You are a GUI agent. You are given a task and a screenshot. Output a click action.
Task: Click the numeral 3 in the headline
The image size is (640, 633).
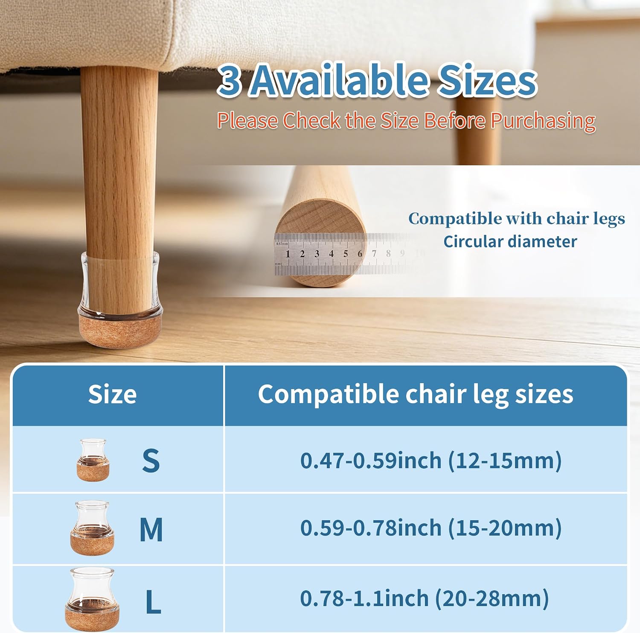coord(230,81)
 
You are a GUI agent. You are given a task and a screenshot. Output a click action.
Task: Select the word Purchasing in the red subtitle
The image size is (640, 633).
coord(543,121)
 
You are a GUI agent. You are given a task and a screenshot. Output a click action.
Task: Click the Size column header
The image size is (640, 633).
coord(112,394)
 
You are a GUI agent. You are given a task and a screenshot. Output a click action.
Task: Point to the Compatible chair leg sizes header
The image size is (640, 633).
coord(416,394)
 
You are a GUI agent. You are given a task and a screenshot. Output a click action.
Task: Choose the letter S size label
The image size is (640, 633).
coord(151,460)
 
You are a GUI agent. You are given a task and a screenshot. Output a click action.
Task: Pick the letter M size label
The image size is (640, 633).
coord(151,530)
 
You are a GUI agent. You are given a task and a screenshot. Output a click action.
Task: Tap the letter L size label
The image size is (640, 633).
coord(153,602)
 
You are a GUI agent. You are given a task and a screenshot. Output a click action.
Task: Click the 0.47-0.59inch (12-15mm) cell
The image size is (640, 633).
coord(431,460)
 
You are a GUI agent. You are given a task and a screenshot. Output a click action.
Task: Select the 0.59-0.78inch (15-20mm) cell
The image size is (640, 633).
coord(431,528)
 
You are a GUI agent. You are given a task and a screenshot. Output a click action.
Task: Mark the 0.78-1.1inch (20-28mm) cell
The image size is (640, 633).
coord(425,598)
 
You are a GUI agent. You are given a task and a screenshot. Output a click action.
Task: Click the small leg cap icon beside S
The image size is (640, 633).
coord(93,460)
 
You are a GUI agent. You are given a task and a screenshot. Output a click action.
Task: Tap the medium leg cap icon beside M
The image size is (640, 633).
coord(92,528)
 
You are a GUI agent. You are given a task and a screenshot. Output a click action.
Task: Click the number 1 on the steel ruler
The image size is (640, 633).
coord(288,254)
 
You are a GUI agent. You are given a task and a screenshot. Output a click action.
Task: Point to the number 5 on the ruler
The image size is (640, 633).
coord(346,254)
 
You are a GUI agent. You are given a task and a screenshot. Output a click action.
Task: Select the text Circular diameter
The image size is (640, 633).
coord(510,242)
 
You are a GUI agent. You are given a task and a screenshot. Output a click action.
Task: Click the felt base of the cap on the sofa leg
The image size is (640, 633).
coord(120,329)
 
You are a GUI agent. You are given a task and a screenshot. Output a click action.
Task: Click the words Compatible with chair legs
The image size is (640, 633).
coord(517,219)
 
